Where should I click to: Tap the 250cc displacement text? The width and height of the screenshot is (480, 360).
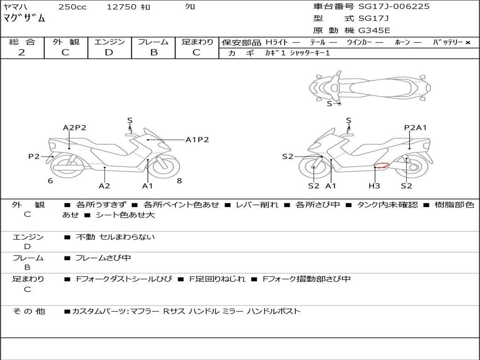[x=72, y=7]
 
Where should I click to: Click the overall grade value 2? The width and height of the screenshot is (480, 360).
[x=22, y=52]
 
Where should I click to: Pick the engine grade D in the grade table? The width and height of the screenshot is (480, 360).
[x=109, y=52]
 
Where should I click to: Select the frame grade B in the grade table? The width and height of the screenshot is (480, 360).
[x=153, y=52]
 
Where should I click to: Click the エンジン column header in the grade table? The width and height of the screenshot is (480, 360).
[x=110, y=42]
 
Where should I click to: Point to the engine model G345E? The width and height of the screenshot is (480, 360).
[x=374, y=31]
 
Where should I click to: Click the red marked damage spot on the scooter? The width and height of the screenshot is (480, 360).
[x=380, y=165]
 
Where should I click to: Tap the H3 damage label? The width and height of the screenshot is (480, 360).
[x=374, y=186]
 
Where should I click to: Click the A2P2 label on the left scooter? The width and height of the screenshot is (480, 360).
[x=75, y=127]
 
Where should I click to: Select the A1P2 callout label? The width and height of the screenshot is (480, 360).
[x=197, y=140]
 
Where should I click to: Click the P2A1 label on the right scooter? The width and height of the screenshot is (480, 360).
[x=415, y=127]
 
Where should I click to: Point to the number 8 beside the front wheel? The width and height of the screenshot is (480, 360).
[x=180, y=181]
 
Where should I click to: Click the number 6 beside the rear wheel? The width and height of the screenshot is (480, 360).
[x=50, y=181]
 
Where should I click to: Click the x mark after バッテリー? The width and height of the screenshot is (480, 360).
[x=468, y=43]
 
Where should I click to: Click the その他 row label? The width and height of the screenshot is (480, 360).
[x=29, y=311]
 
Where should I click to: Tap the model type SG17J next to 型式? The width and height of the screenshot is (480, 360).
[x=374, y=19]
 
